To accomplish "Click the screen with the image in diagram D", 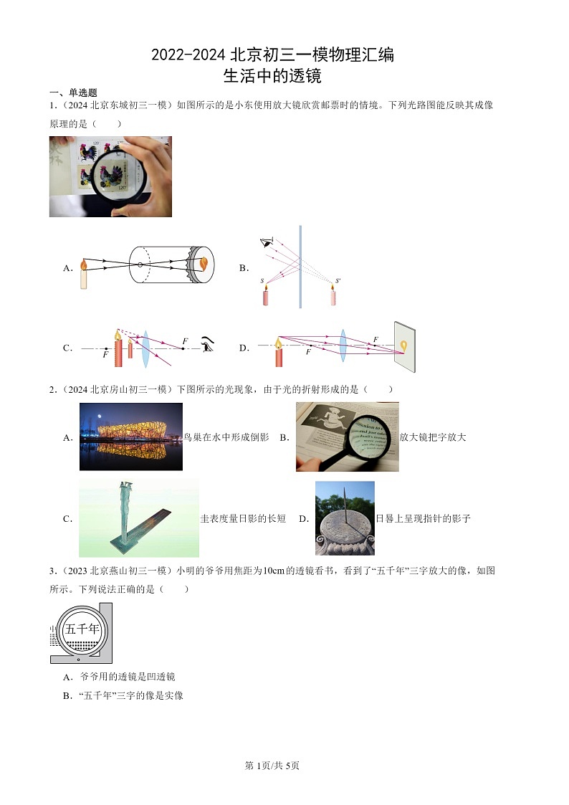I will coord(404,347).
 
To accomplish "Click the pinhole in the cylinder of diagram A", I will coord(140,265).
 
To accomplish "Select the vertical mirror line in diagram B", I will coord(300,266).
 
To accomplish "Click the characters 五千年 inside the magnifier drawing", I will coord(82,629).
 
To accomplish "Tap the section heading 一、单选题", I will coord(72,92).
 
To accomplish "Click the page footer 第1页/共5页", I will coord(272,766).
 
